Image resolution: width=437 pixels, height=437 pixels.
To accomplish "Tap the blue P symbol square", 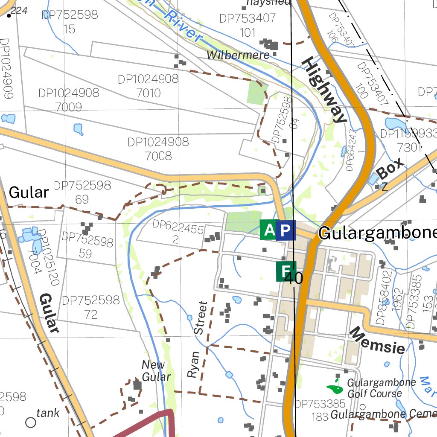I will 285,230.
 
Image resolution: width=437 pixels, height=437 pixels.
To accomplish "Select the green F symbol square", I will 285,271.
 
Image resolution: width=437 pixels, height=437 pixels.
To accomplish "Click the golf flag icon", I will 336,387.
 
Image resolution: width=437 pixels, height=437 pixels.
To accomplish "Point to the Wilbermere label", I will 238,55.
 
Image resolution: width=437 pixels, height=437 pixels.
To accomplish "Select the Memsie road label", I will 377,341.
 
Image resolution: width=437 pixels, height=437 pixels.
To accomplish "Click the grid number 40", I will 294,279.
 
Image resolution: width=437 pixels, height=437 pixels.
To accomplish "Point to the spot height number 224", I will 19,10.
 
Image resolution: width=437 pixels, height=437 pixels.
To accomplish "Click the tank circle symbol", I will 31,422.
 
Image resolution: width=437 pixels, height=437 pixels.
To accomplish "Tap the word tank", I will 48,413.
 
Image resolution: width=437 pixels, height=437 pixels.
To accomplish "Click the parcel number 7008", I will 158,156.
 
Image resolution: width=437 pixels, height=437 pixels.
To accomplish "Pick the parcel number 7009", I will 69,107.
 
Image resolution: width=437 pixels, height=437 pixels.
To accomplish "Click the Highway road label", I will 323,90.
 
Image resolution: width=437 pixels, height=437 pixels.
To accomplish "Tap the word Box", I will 390,169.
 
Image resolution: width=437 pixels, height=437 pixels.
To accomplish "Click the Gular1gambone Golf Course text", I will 376,388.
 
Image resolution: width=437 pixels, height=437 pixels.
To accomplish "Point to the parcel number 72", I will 91,315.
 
